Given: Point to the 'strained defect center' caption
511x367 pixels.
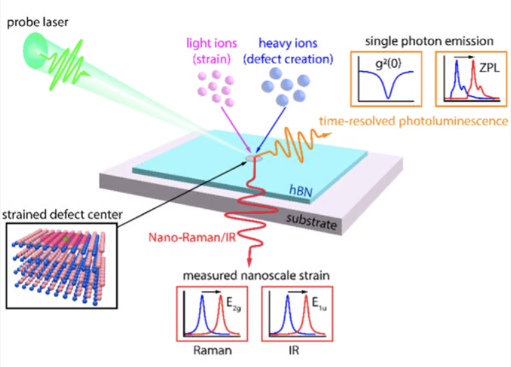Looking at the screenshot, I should click(54, 215).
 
